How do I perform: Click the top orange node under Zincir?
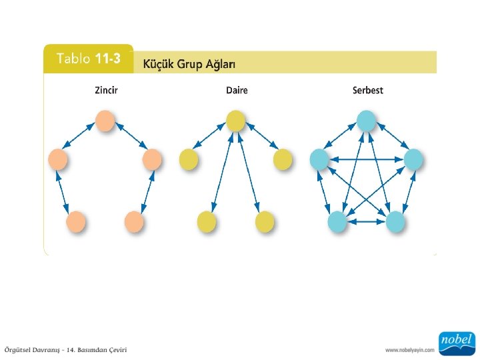[104, 121]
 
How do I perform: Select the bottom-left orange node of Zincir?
[76, 221]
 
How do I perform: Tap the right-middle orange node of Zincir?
[152, 159]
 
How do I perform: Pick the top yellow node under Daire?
[235, 121]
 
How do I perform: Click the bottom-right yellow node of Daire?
[265, 221]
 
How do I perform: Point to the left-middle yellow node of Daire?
[189, 159]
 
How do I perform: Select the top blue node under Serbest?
[366, 121]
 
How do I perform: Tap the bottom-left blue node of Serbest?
[337, 221]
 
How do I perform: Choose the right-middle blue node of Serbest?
[413, 159]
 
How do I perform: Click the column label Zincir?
[105, 90]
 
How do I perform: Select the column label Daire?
[236, 90]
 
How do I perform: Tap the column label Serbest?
[367, 90]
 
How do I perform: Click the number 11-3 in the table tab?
[107, 59]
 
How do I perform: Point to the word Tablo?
[74, 59]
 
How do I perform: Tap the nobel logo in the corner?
[455, 341]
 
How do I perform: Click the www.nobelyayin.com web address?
[409, 349]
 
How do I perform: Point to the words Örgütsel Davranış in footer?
[33, 350]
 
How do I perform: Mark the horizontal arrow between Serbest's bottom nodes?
[366, 221]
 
